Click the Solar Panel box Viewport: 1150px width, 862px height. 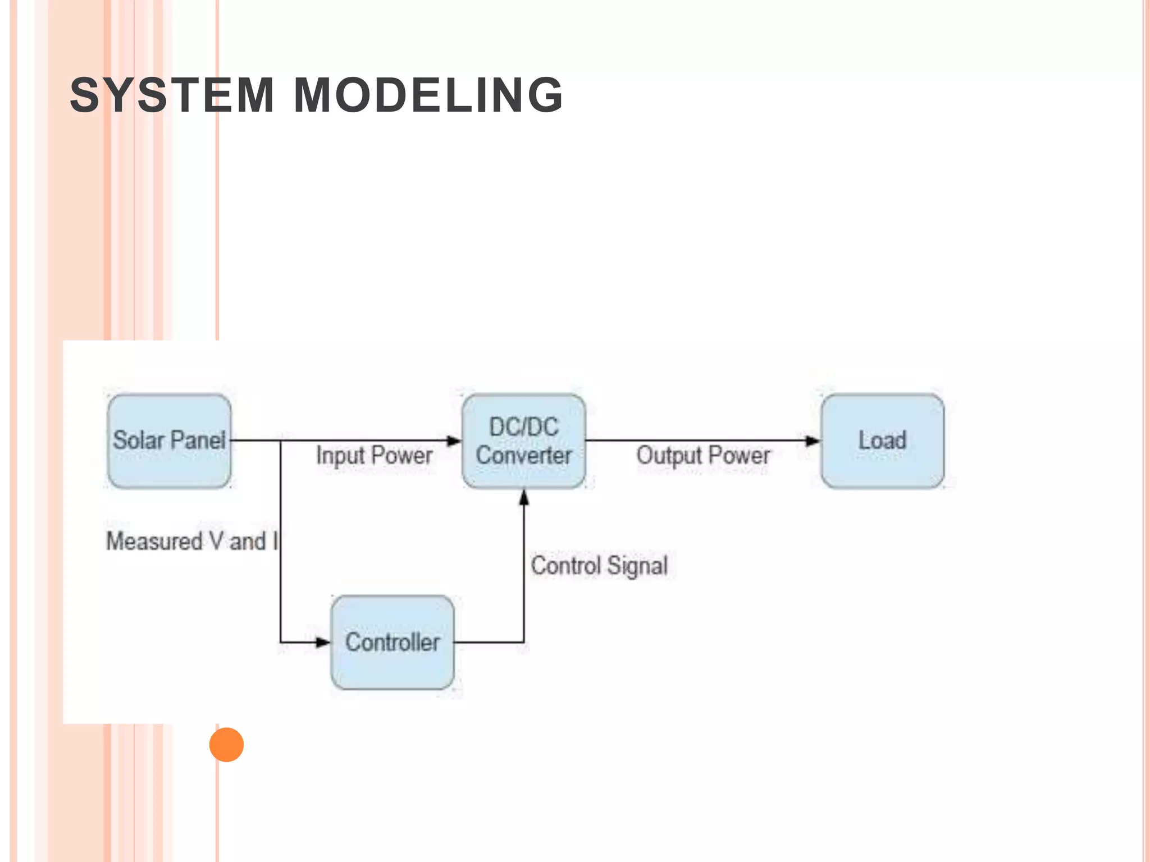coord(169,441)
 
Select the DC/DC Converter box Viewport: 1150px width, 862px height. coord(523,441)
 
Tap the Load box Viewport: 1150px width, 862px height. coord(882,441)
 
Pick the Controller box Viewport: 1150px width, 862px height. coord(392,643)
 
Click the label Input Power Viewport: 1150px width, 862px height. coord(374,455)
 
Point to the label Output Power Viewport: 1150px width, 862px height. coord(703,455)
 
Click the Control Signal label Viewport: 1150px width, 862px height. coord(599,566)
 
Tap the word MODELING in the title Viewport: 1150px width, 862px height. coord(428,95)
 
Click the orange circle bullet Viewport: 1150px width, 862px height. coord(226,745)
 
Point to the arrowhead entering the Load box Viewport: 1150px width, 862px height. coord(813,441)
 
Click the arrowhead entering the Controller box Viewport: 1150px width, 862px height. coord(323,642)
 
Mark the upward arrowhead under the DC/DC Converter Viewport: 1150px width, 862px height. coord(524,497)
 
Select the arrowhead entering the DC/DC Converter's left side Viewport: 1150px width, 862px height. coord(454,441)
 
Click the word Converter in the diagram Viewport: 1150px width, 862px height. coord(523,455)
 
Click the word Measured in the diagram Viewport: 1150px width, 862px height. coord(154,542)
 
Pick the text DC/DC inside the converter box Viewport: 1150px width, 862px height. coord(523,427)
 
